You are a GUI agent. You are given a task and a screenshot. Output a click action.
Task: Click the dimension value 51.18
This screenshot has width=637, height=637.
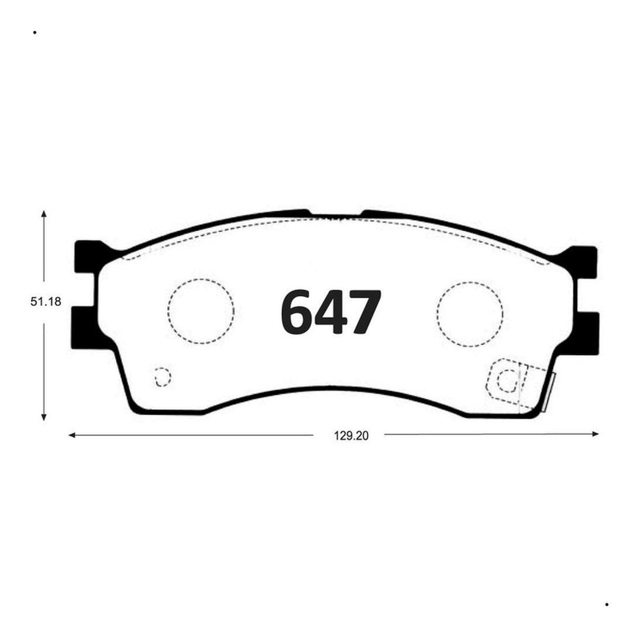click(x=46, y=302)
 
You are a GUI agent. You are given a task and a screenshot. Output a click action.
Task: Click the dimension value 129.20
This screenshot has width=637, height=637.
click(x=351, y=436)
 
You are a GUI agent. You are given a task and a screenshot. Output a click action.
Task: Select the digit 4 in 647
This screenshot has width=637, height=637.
click(x=330, y=312)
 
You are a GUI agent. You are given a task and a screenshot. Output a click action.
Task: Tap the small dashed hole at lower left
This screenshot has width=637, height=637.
click(x=163, y=376)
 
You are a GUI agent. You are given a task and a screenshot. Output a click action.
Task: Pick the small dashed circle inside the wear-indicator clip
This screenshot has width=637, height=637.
click(x=506, y=381)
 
